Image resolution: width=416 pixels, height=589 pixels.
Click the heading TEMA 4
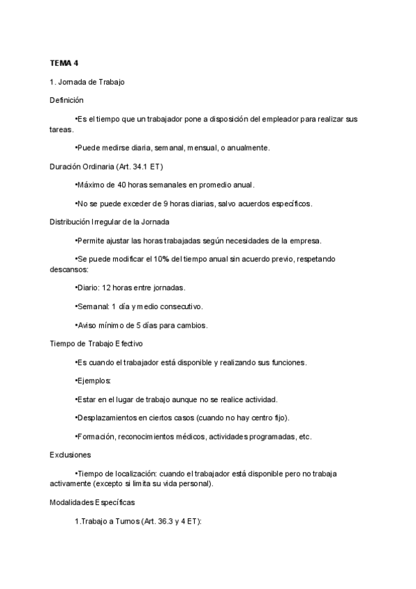tap(64, 63)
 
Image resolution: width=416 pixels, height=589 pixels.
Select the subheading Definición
tap(67, 100)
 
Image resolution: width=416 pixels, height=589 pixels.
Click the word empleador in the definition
tap(277, 119)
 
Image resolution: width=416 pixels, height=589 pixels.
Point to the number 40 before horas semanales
tap(122, 185)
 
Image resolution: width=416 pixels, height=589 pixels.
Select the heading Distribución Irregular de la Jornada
tap(110, 222)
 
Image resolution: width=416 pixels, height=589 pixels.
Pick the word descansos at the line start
tap(68, 269)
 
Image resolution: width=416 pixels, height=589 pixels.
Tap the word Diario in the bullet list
tap(88, 288)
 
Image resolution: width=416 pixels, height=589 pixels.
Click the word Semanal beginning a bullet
tap(92, 306)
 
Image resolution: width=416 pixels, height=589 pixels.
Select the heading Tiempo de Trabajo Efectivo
tap(96, 344)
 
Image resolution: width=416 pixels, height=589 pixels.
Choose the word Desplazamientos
tap(108, 418)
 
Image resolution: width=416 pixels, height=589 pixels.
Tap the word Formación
tap(95, 437)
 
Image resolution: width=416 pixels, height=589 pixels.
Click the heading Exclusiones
tap(70, 455)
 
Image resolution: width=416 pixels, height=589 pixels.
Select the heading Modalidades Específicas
tap(92, 501)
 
